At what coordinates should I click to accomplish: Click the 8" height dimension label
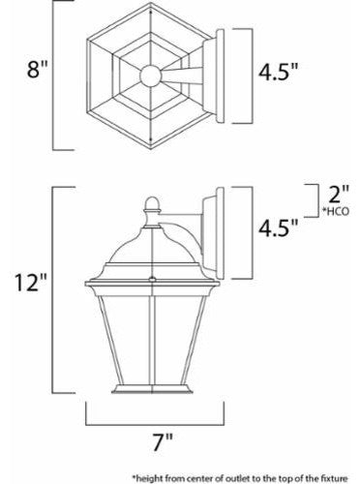[26, 70]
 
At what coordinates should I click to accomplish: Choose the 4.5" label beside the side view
[281, 229]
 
